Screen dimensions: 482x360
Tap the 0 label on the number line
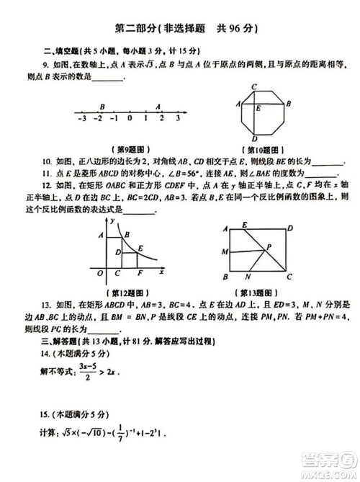tap(130, 117)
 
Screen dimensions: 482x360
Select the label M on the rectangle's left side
tap(225, 251)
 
